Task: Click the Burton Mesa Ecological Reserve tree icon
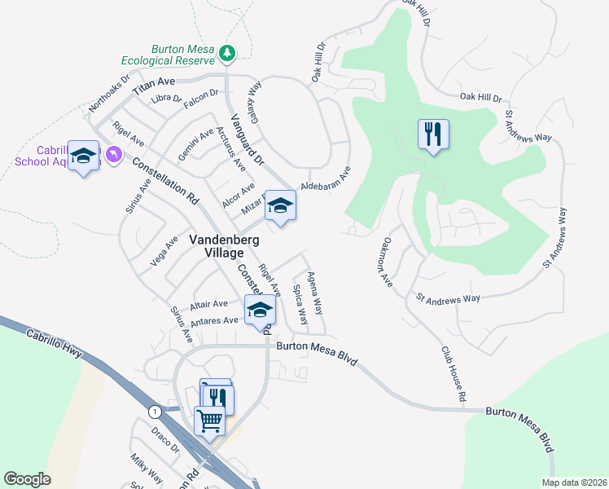click(228, 54)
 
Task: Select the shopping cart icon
click(209, 421)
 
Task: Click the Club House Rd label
click(453, 373)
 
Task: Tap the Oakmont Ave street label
click(388, 262)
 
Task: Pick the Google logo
click(27, 479)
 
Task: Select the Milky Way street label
click(146, 469)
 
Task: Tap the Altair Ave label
click(208, 305)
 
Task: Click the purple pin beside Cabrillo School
click(112, 152)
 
